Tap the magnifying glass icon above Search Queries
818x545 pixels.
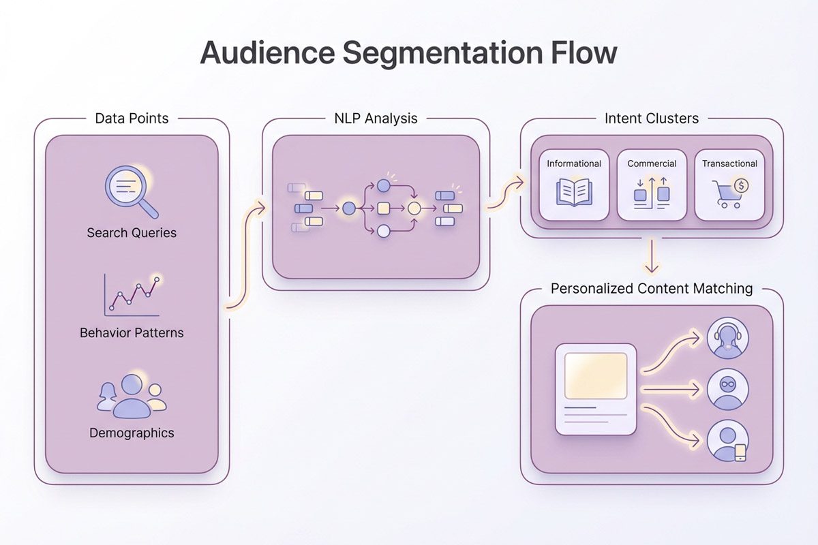tap(130, 190)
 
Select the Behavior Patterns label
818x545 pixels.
tap(132, 333)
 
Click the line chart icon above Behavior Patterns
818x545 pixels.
tap(132, 295)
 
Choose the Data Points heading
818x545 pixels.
tap(132, 119)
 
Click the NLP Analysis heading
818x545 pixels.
tap(376, 119)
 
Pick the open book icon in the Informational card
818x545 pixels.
tap(574, 192)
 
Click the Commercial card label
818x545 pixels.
tap(652, 163)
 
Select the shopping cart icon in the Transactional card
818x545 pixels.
tap(726, 193)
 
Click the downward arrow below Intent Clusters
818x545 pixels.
tap(652, 257)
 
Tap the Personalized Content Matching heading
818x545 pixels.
tap(652, 289)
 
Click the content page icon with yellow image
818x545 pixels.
tap(596, 389)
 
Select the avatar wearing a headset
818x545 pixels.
tap(727, 339)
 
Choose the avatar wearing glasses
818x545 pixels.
tap(727, 389)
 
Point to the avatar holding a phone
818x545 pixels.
tap(727, 441)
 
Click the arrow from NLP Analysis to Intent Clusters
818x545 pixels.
tap(505, 193)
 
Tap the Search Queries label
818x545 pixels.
tap(132, 233)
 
